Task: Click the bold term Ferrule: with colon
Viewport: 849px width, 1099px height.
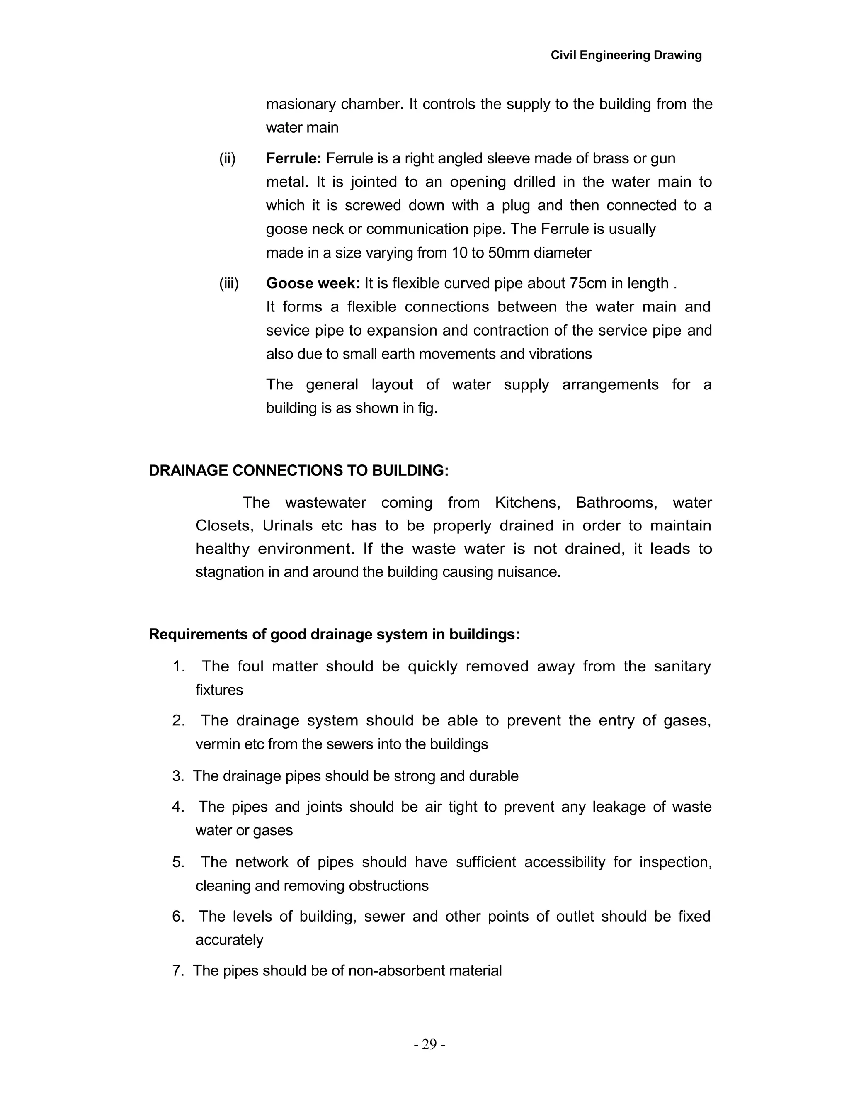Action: coord(293,158)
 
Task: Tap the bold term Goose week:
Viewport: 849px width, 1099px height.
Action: coord(312,283)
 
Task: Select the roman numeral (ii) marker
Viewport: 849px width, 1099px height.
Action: coord(227,158)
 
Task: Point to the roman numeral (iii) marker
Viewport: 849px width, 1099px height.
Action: coord(229,283)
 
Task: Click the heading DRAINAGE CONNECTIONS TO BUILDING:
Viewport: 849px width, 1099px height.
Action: coord(298,471)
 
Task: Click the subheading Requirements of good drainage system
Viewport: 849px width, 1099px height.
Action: coord(334,635)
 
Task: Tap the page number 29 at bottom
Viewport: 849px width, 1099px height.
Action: coord(429,1045)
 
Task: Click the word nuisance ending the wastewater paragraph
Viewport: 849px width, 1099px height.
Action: coord(530,572)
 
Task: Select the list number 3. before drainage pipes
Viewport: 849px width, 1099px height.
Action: coord(178,776)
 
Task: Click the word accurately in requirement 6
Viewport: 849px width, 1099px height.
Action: coord(229,940)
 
